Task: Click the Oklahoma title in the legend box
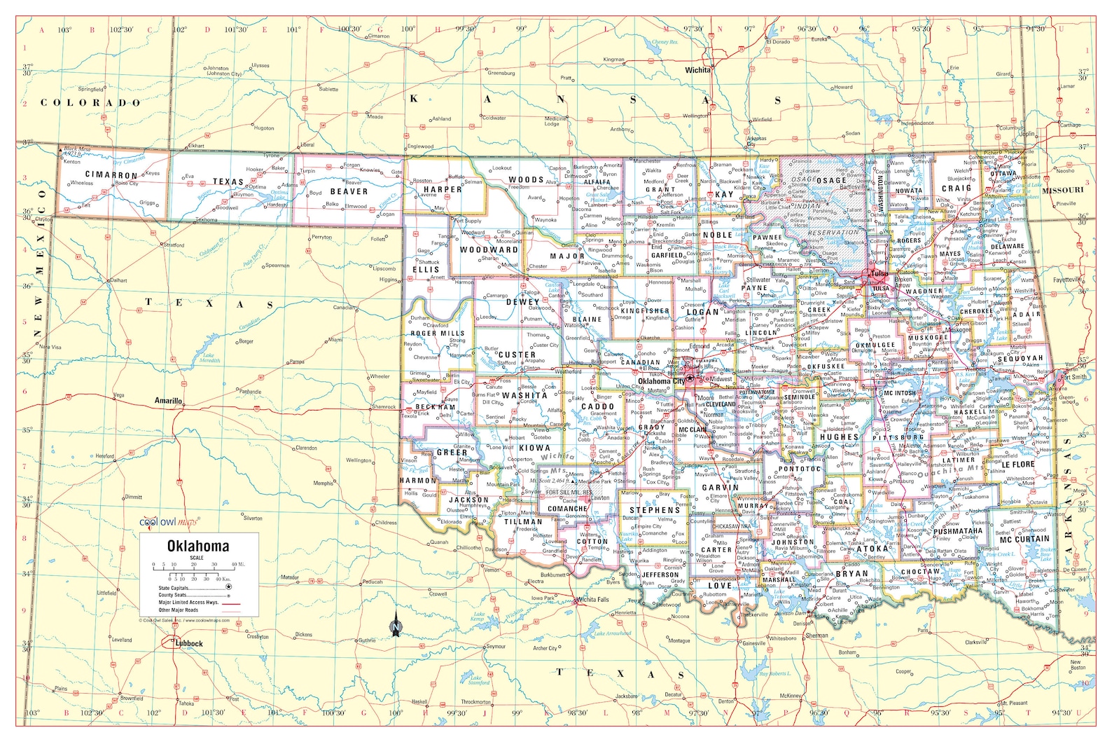(197, 546)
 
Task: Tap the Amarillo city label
(168, 401)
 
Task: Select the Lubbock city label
(189, 643)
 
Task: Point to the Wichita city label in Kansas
(697, 70)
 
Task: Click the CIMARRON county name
(111, 174)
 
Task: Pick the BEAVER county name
(349, 191)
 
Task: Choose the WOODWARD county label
(489, 249)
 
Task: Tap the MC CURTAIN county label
(1024, 539)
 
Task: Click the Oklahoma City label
(661, 381)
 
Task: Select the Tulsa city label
(879, 274)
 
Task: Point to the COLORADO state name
(90, 102)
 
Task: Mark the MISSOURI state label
(1062, 190)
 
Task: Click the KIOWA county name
(534, 448)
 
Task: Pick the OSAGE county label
(830, 180)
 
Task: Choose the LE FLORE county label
(1018, 464)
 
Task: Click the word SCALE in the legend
(197, 558)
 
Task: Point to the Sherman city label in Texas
(816, 635)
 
